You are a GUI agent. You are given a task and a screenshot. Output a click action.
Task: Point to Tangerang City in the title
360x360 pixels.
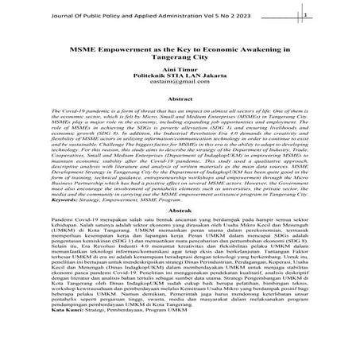pos(180,56)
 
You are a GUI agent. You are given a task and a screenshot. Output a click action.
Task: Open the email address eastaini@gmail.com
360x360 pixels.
pos(180,82)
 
